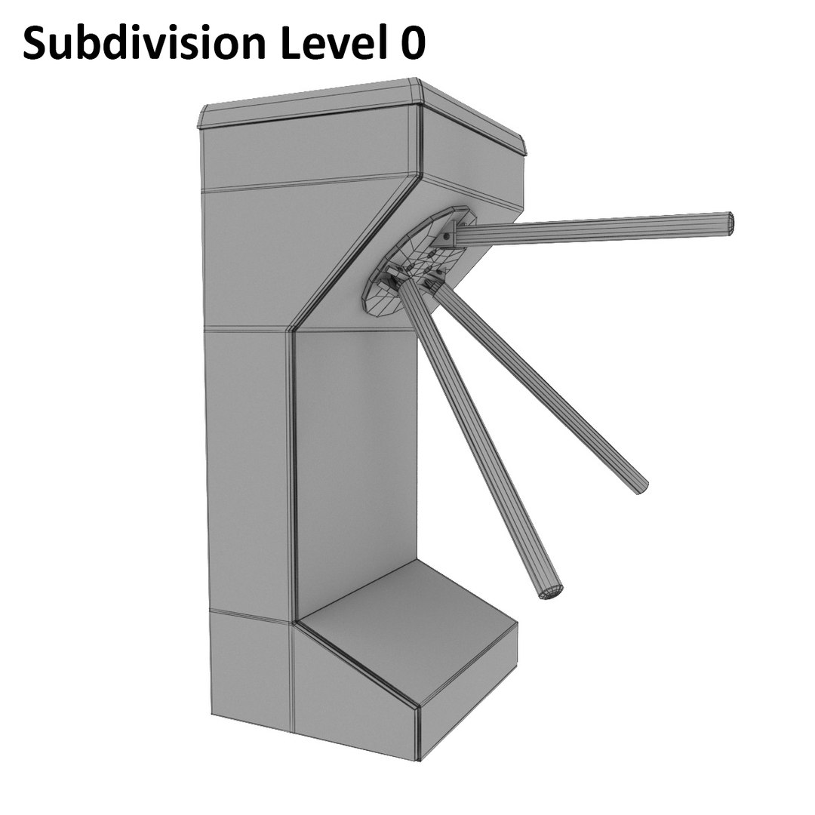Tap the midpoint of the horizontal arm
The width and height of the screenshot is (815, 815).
click(596, 229)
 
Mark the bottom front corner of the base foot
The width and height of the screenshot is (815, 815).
click(419, 755)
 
